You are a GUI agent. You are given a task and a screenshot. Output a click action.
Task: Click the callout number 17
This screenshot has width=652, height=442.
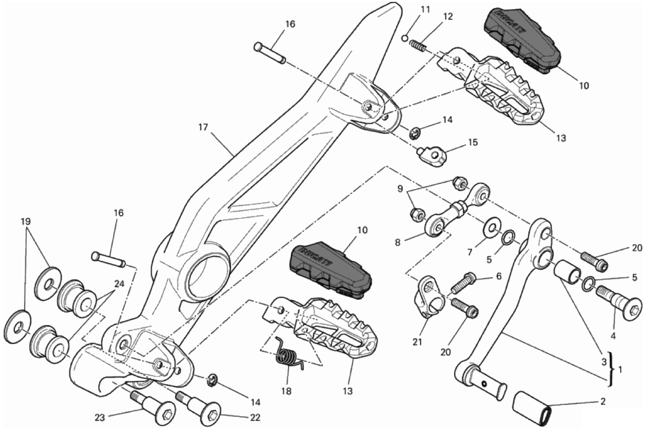[203, 127]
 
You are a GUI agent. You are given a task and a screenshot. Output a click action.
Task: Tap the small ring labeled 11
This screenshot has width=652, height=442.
[405, 38]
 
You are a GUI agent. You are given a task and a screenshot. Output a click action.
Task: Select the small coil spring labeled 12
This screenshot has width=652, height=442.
[418, 46]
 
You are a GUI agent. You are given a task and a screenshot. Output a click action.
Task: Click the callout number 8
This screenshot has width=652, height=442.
[398, 243]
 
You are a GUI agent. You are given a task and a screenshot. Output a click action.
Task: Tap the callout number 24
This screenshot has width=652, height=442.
[119, 284]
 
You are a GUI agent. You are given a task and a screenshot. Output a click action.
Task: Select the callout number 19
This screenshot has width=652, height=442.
[25, 222]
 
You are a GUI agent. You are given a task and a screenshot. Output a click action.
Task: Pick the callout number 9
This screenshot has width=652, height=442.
[400, 188]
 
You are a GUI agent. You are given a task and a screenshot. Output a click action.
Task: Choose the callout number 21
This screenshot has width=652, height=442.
[418, 342]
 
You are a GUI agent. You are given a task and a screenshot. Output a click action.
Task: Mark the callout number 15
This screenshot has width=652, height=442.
[473, 142]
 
